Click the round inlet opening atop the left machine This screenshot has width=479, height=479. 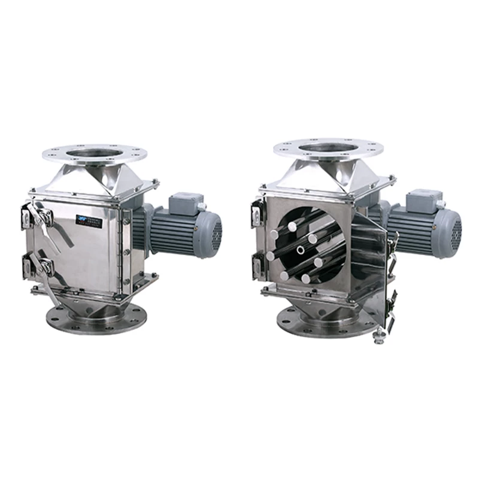tap(95, 153)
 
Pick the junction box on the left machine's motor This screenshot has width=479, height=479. tap(186, 204)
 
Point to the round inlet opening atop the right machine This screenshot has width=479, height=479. tap(325, 147)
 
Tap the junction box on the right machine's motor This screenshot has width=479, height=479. tap(424, 200)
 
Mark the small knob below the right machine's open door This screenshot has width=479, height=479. tap(379, 340)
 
